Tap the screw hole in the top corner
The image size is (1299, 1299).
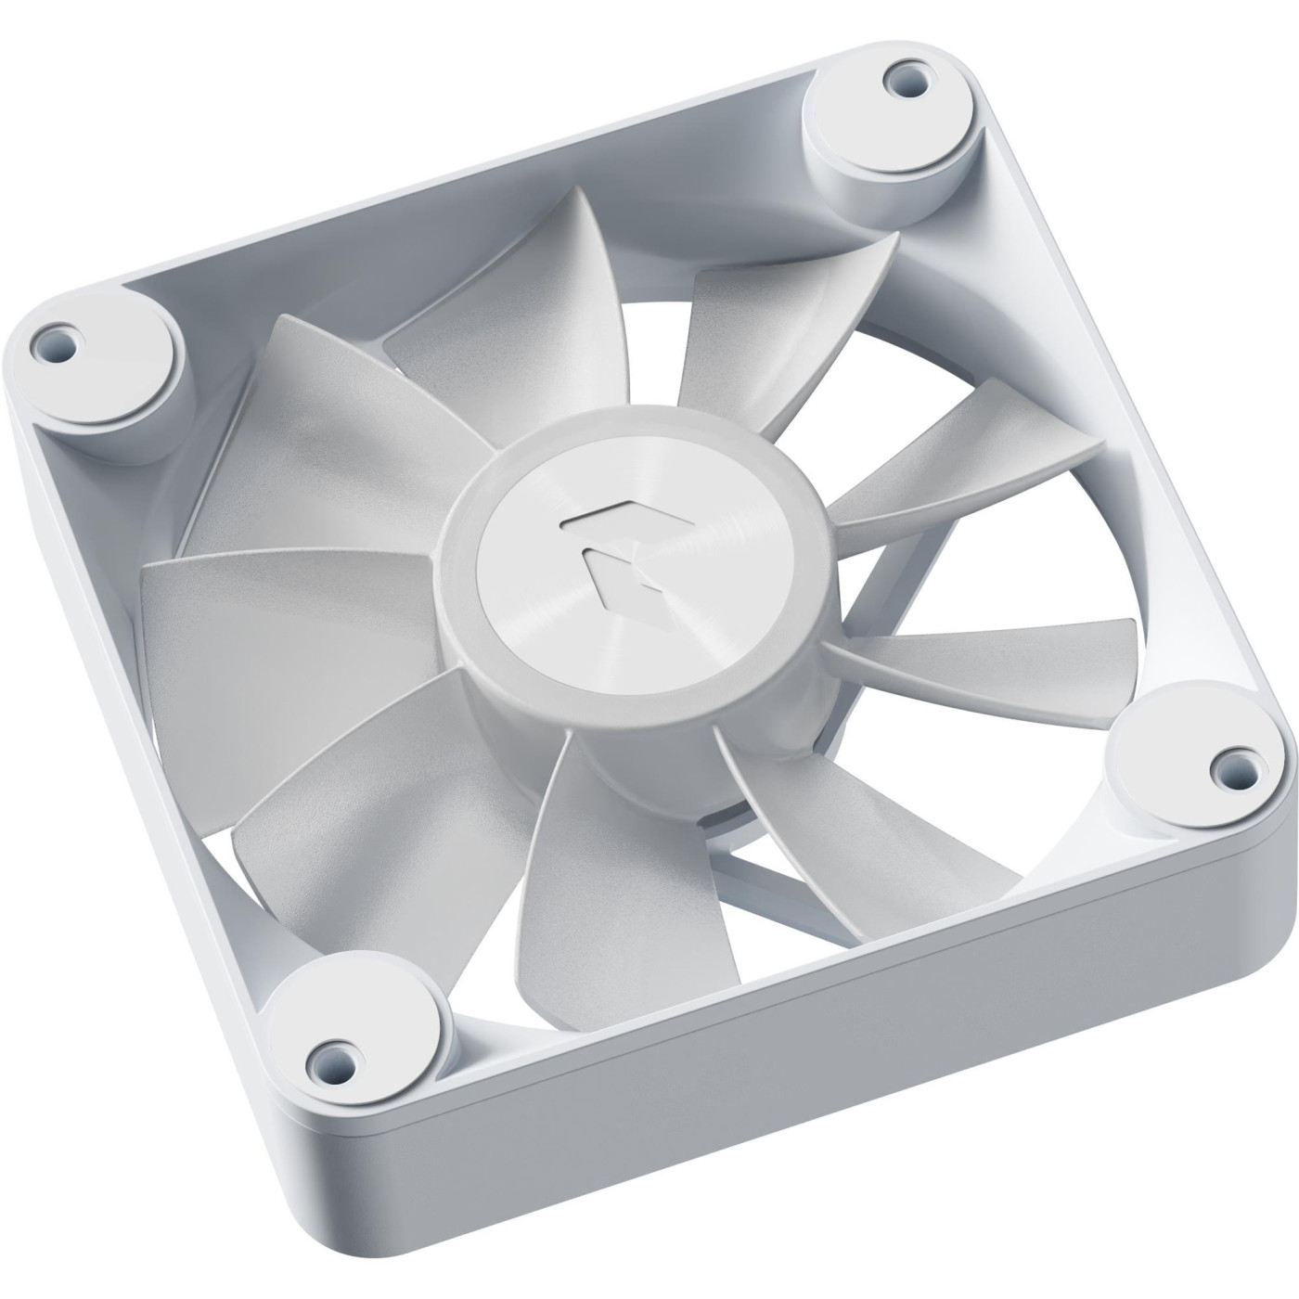[x=897, y=78]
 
